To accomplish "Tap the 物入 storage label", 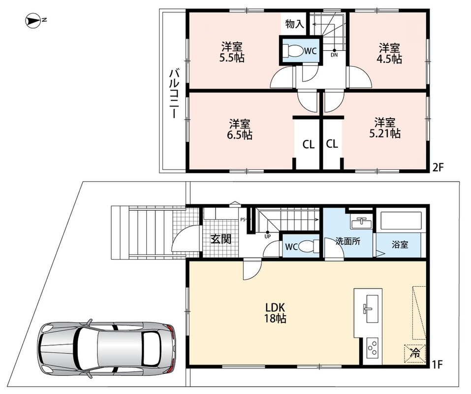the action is (295, 24).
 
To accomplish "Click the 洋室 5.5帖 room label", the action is (232, 52).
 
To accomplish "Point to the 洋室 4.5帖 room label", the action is (389, 53).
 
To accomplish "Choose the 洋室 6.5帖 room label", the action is (239, 129).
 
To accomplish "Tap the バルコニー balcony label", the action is (173, 94).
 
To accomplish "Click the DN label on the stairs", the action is (334, 55).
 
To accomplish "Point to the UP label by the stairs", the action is (268, 236).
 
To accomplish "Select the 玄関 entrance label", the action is (221, 239).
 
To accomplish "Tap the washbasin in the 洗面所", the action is (362, 223).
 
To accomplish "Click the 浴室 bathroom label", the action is (400, 244).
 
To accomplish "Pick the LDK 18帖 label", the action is (275, 313).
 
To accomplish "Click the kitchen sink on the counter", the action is (368, 309).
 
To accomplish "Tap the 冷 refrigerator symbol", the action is (415, 353).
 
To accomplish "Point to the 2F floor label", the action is (438, 167).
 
